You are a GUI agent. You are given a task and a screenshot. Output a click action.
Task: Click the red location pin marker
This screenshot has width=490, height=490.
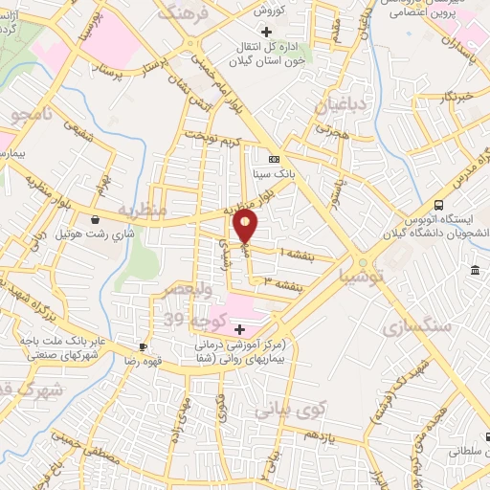tap(246, 227)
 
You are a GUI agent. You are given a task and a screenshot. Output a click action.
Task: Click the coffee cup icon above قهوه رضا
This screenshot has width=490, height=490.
tap(143, 346)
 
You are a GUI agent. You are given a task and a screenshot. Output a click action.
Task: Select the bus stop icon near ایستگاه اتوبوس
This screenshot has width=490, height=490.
tap(437, 204)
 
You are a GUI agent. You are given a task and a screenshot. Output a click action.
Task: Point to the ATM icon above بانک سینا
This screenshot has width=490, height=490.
tap(275, 159)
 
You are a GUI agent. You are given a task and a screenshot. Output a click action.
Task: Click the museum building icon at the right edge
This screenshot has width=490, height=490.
tap(476, 274)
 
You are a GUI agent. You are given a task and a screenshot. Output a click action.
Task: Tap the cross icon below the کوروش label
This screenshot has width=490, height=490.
tap(252, 32)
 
